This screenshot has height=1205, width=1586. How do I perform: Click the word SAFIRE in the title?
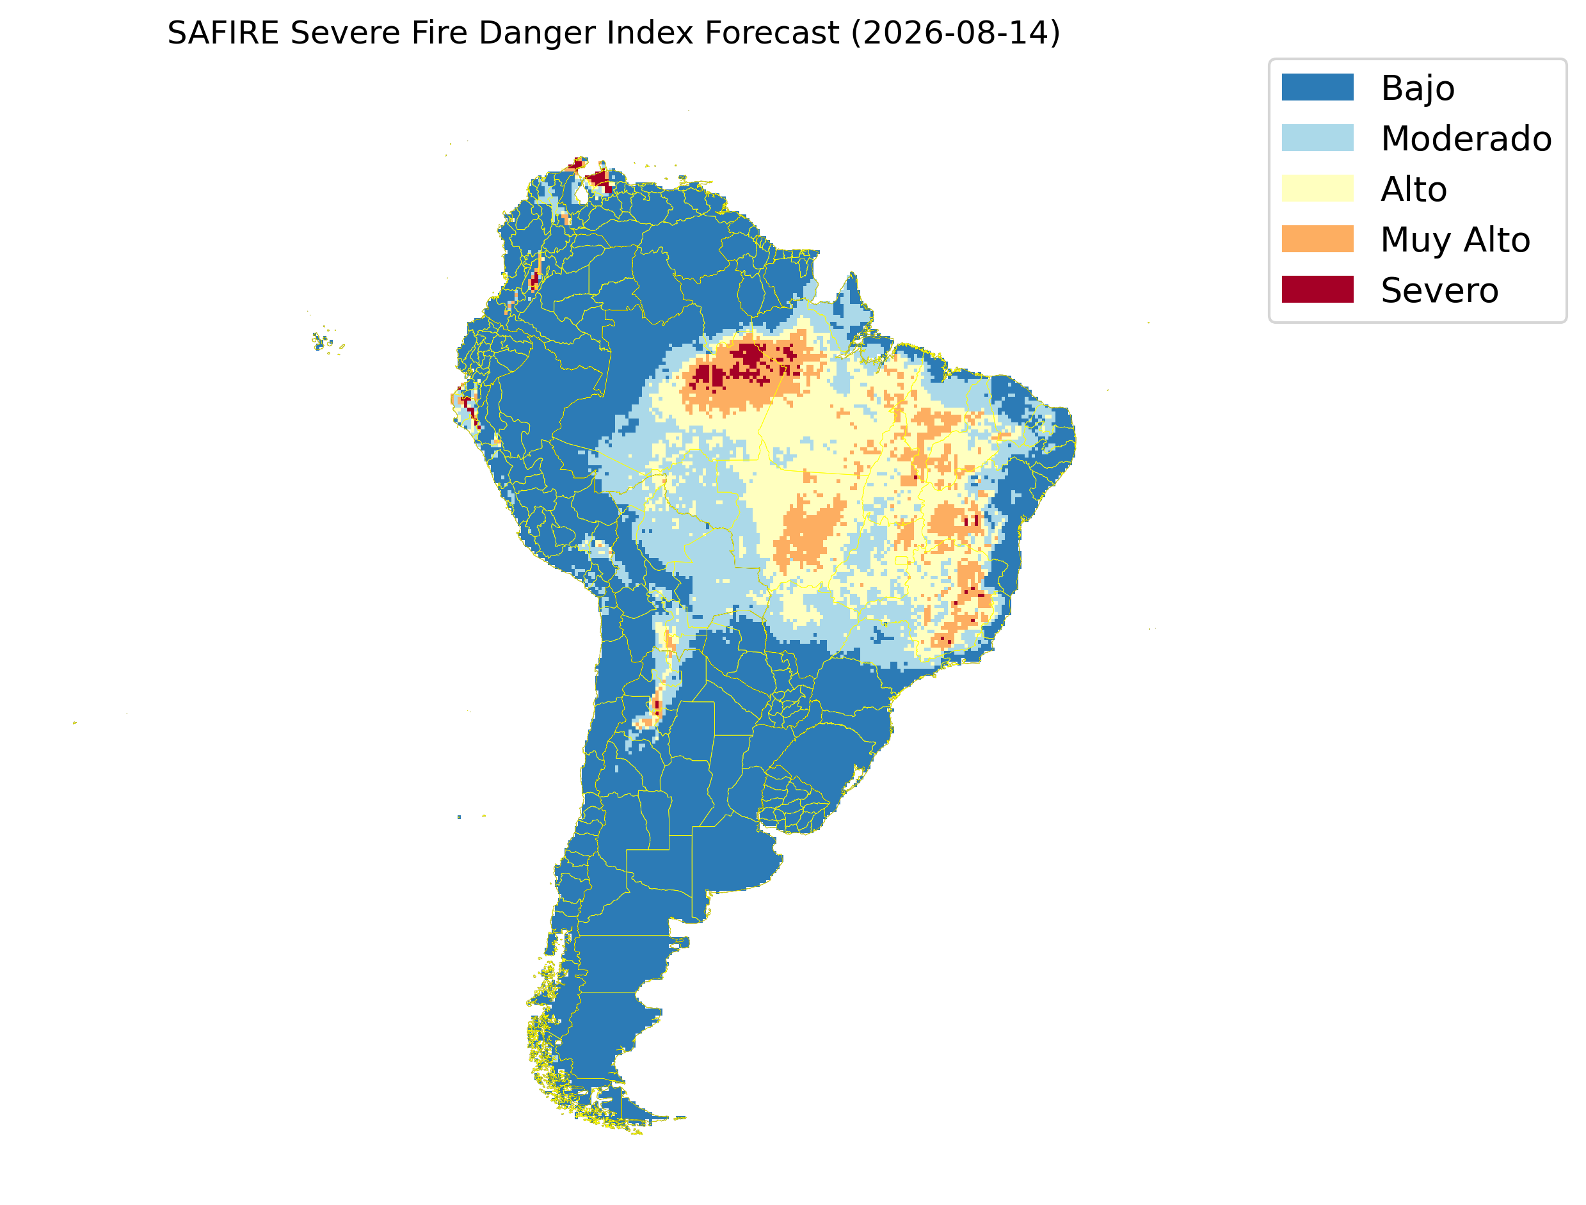pos(223,33)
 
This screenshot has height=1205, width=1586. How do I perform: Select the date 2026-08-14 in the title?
pos(955,33)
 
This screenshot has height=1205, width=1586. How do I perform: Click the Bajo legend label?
pos(1418,89)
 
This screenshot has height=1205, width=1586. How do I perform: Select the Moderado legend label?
pos(1466,138)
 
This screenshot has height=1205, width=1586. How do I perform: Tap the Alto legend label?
pos(1414,189)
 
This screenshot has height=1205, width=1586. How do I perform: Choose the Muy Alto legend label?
pos(1455,240)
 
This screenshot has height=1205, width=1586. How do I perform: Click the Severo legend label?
pos(1439,291)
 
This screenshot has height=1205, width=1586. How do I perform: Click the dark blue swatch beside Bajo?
pos(1318,88)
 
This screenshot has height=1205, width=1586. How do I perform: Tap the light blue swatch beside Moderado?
pos(1318,138)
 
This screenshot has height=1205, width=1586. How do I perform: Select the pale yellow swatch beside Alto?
pos(1318,189)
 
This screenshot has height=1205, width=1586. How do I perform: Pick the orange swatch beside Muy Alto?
pos(1318,239)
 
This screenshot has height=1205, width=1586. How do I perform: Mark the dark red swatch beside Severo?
pos(1318,290)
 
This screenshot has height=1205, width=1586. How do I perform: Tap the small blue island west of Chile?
pos(459,817)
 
